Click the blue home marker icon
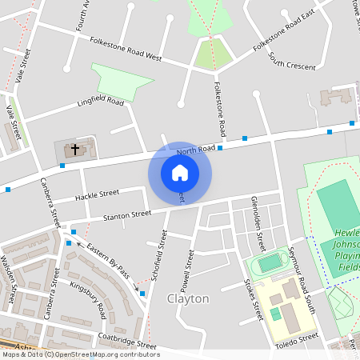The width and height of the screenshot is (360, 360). [x=180, y=172]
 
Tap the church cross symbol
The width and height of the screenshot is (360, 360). [x=76, y=149]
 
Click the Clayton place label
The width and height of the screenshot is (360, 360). [x=188, y=298]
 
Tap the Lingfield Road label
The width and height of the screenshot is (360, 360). [x=101, y=102]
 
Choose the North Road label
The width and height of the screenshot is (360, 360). [x=196, y=149]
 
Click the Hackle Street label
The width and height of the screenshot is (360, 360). [x=98, y=194]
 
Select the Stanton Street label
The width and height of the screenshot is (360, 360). [x=126, y=214]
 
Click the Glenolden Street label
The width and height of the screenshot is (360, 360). [x=257, y=212]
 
